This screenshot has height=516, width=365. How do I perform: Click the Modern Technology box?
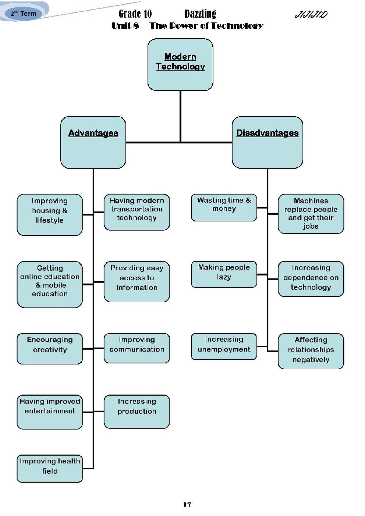[x=180, y=65]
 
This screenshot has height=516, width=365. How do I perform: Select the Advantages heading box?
[x=93, y=142]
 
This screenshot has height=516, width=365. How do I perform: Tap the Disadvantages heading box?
[x=267, y=142]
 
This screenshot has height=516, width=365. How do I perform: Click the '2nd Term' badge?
[x=24, y=14]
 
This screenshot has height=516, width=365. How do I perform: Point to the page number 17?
[x=187, y=504]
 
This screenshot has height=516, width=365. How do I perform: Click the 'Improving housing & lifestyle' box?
[x=50, y=214]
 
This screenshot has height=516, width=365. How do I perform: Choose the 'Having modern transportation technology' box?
[x=137, y=212]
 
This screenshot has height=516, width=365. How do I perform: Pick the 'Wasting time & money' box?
[x=224, y=207]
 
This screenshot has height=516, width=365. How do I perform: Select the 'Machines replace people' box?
[x=311, y=214]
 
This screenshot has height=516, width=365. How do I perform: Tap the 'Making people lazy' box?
[x=224, y=274]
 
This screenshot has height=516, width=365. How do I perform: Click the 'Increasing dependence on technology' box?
[x=311, y=279]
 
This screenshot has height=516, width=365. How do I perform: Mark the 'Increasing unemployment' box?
[x=224, y=346]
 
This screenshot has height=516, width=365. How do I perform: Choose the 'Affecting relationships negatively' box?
[x=311, y=351]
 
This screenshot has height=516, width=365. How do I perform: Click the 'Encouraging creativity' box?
[x=50, y=348]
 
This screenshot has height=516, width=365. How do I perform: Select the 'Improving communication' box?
[x=137, y=348]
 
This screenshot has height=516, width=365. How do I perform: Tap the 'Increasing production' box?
[x=137, y=411]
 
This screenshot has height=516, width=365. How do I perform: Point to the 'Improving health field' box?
[x=50, y=469]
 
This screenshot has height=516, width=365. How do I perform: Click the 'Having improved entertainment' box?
[x=50, y=412]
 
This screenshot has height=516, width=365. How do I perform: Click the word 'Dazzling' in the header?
[x=200, y=14]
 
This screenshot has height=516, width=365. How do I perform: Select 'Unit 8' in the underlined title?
[x=125, y=25]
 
